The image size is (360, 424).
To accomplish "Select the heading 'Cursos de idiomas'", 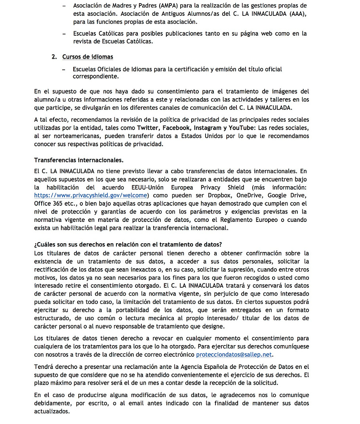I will (x=88, y=57).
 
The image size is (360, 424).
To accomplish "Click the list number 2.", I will (x=54, y=57).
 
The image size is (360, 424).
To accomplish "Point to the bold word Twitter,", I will (x=149, y=128).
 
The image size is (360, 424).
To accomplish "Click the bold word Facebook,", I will (x=177, y=128).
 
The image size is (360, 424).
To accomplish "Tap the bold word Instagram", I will (x=208, y=128).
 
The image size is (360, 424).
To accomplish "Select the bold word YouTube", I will (x=241, y=128).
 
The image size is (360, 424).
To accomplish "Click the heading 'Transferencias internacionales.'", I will (x=79, y=160).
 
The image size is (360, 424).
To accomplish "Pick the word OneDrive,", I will (x=251, y=195).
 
